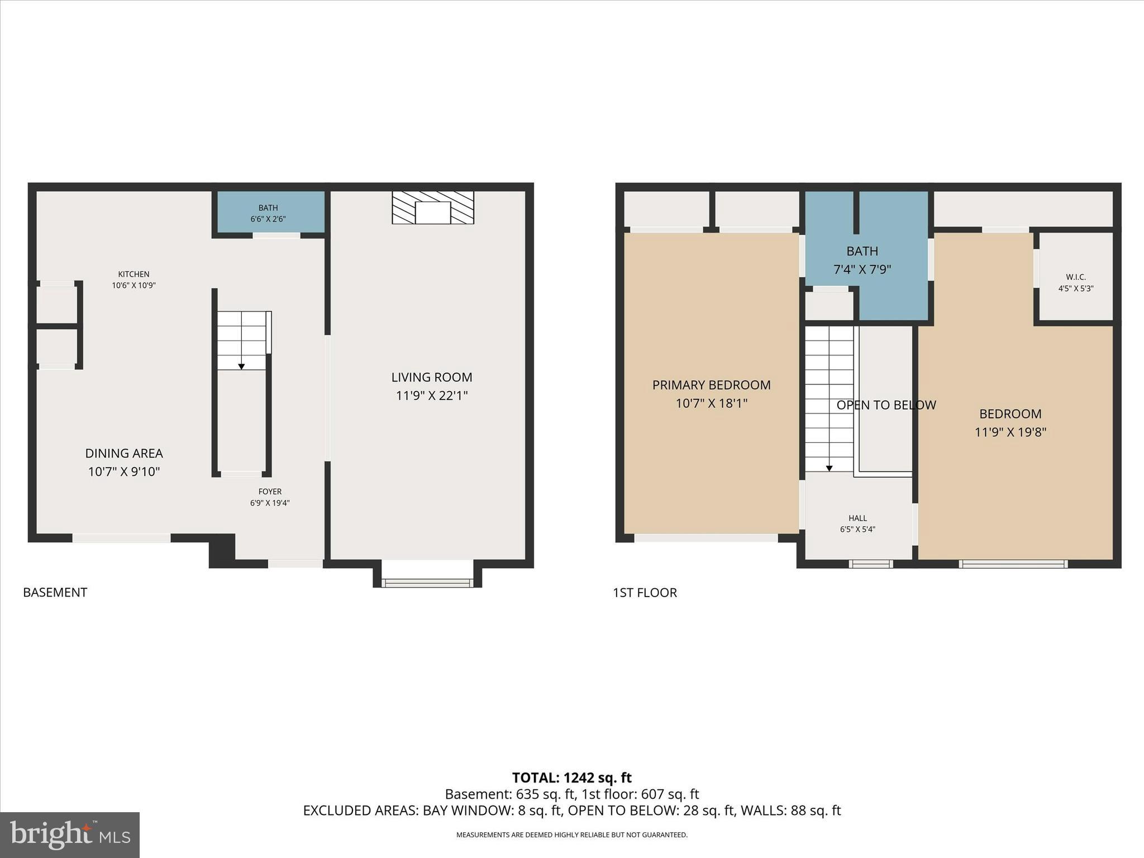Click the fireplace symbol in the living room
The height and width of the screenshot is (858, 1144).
point(433,208)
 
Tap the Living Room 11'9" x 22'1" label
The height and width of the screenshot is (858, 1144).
point(432,387)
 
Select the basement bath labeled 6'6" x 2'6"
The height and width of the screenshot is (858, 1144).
point(269,213)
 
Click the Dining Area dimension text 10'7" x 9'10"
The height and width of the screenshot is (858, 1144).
point(124,472)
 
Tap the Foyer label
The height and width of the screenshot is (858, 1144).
point(270,492)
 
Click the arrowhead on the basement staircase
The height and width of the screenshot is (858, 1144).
point(241,366)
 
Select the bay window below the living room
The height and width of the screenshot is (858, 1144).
point(427,583)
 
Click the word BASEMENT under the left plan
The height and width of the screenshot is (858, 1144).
point(55,593)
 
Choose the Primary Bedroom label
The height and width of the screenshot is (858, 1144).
point(711,385)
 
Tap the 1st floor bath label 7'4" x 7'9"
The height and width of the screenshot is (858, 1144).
point(862,260)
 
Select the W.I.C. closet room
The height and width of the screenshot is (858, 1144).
point(1075,283)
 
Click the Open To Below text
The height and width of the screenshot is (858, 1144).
point(886,406)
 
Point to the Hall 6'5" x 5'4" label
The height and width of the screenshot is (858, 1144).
point(857,524)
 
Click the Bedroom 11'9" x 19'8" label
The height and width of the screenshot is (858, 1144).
point(1010,423)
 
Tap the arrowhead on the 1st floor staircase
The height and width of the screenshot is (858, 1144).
point(830,468)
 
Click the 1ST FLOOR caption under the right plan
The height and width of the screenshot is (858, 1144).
point(645,593)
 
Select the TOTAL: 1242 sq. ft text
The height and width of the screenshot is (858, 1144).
point(571,778)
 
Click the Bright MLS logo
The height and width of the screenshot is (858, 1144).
point(70,835)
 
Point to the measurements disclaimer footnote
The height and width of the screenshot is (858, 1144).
point(571,835)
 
